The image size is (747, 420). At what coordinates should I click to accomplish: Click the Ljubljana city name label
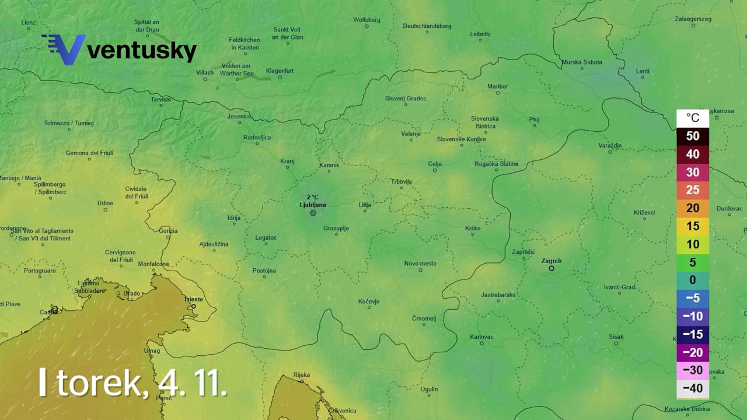pos(312,205)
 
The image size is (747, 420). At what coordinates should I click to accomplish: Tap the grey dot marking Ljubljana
pos(313,213)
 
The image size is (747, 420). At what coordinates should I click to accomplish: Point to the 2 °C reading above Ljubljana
pos(312,197)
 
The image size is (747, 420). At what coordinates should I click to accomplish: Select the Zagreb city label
pos(551,261)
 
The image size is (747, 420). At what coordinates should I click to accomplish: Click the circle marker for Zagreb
pos(551,268)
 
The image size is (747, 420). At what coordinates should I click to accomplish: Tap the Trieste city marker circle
pos(194,306)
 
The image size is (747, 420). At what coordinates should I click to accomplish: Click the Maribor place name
pos(497,86)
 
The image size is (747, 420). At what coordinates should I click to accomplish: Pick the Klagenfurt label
pos(279,71)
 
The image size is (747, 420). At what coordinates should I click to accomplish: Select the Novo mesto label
pos(420,264)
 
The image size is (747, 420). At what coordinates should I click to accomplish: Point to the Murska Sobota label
pos(581,62)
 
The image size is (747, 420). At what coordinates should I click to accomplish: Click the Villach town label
pos(205,73)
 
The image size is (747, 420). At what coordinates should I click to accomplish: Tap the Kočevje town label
pos(368,302)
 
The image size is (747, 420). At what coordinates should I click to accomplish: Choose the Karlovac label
pos(481,337)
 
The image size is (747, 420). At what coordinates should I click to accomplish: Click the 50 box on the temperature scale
pos(692,136)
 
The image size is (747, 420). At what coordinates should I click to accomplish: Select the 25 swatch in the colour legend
pos(692,190)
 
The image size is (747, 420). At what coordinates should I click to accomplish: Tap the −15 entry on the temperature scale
pos(692,335)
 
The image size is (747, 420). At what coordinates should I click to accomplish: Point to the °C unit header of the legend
pos(692,118)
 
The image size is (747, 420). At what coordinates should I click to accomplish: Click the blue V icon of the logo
pos(64,50)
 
